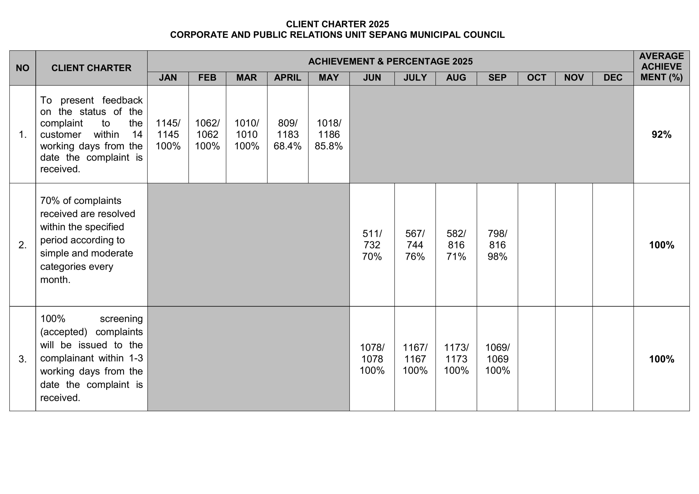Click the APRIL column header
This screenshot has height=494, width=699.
[288, 78]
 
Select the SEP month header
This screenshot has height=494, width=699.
[497, 78]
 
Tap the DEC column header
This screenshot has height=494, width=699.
[612, 78]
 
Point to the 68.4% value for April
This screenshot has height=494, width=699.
[288, 146]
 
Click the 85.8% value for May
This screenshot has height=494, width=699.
[328, 146]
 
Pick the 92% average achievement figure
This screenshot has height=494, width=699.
[661, 135]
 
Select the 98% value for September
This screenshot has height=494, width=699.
[497, 257]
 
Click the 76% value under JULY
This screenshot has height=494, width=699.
[415, 257]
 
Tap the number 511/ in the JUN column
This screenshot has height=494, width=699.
[372, 233]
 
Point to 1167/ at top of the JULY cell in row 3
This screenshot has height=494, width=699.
[415, 347]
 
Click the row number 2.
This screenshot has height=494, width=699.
[23, 245]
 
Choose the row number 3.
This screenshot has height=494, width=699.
[23, 359]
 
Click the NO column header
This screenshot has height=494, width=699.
[23, 68]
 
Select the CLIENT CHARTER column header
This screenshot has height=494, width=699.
[91, 68]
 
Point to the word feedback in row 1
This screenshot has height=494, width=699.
[122, 100]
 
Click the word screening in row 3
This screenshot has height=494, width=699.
[121, 319]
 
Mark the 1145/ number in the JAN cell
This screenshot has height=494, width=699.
[168, 123]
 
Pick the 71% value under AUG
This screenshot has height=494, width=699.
[456, 257]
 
